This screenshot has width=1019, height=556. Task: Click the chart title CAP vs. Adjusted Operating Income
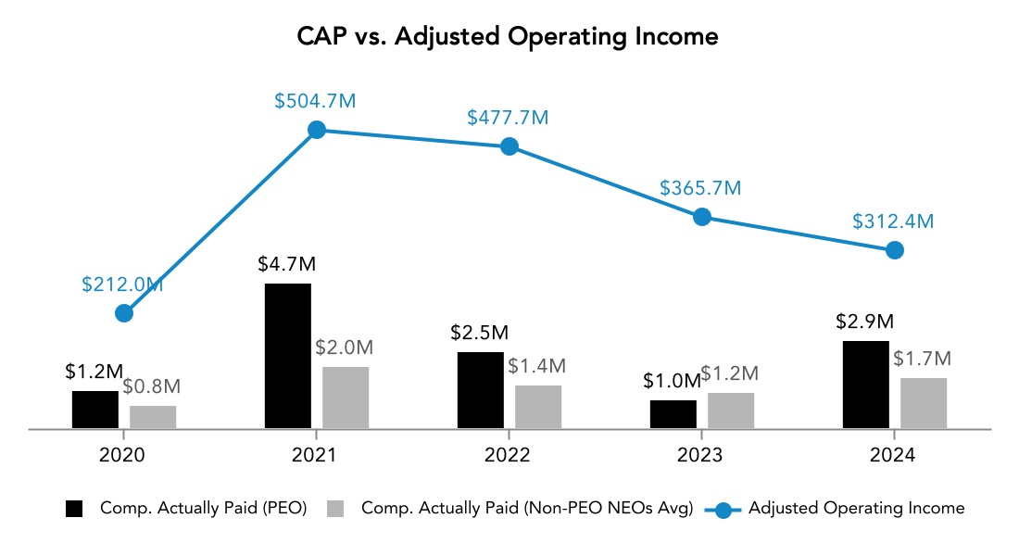(x=508, y=36)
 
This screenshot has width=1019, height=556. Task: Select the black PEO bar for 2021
(x=288, y=356)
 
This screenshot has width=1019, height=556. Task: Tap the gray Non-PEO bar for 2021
(x=346, y=398)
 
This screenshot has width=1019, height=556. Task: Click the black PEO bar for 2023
(x=673, y=414)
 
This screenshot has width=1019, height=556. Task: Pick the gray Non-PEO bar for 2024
(x=924, y=403)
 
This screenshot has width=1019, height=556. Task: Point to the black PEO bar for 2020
(x=95, y=410)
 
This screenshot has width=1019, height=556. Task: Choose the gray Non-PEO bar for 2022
(x=538, y=407)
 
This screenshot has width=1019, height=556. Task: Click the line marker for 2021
(x=317, y=130)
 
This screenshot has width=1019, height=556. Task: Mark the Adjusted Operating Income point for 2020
(x=124, y=313)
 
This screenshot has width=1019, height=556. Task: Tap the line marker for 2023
(x=702, y=217)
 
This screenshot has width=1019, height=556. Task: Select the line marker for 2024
(x=894, y=250)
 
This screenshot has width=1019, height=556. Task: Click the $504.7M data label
(x=315, y=102)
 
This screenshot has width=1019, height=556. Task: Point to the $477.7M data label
(x=508, y=118)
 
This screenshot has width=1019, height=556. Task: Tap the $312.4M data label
(x=893, y=221)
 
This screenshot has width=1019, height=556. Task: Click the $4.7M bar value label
(x=287, y=264)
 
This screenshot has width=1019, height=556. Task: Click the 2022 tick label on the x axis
(x=508, y=455)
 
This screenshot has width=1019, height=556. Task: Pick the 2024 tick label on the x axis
(x=893, y=455)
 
